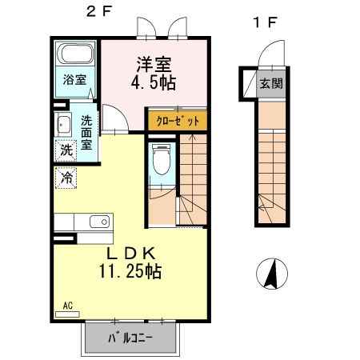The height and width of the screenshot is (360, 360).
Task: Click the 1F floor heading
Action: [265, 22]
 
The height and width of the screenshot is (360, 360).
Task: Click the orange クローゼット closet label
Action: [176, 120]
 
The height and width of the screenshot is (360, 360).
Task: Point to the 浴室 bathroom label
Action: [74, 80]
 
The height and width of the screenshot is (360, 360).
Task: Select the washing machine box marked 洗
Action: [66, 150]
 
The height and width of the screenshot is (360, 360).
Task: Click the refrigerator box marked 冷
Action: [66, 177]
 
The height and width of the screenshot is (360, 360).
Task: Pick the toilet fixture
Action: [161, 162]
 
